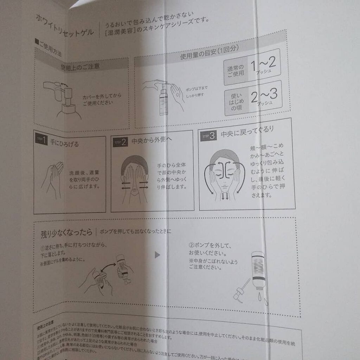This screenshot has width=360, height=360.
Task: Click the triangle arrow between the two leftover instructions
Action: (x=157, y=254)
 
